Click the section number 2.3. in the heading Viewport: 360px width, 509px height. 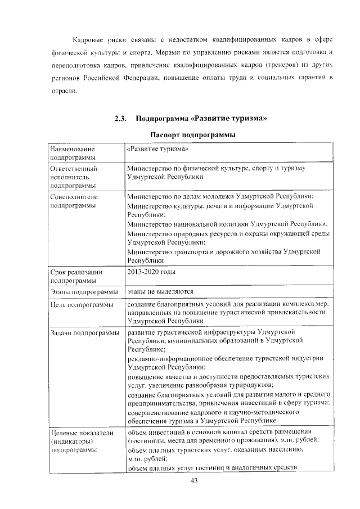tap(120, 119)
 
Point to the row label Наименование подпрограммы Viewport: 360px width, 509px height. tap(72, 154)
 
